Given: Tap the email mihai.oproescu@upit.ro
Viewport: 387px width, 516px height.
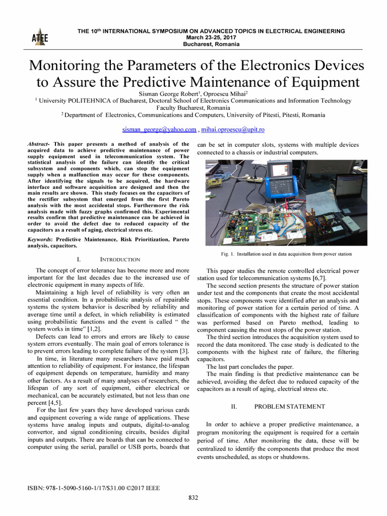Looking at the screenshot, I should [233, 130].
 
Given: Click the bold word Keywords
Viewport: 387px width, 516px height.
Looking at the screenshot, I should [41, 240].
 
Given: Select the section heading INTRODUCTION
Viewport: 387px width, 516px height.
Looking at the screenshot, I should [120, 259].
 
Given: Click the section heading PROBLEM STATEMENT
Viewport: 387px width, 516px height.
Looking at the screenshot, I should [289, 406].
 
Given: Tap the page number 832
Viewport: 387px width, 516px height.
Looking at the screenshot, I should [193, 498].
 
